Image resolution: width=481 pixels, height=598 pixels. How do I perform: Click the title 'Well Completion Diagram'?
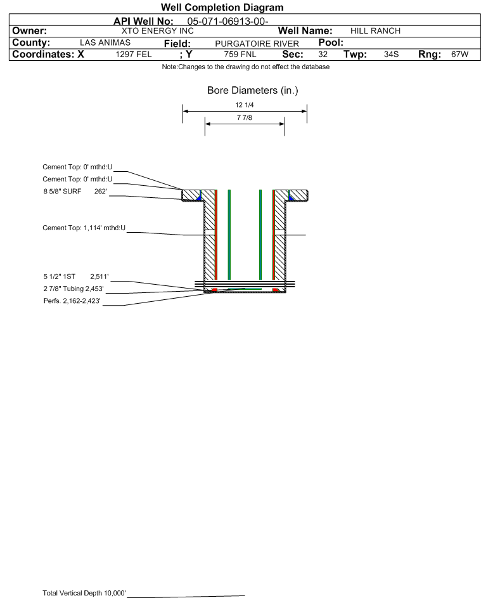tap(222, 8)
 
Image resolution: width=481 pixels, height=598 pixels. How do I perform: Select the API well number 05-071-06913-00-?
tap(228, 22)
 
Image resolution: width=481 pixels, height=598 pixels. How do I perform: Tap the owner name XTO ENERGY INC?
tap(158, 31)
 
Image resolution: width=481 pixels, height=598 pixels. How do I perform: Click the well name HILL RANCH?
tap(375, 31)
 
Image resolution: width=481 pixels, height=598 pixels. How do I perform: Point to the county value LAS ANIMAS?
tap(105, 42)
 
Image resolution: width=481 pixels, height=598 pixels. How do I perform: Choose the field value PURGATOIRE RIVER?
tap(257, 44)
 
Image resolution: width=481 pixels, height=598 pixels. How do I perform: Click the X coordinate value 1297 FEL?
tap(134, 54)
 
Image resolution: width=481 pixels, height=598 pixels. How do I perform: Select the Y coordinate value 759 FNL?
tap(240, 54)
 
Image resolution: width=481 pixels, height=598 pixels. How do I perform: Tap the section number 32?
tap(323, 54)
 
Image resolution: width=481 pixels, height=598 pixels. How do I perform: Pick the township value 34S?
tap(392, 54)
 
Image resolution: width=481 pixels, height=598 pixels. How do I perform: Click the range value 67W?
tap(459, 54)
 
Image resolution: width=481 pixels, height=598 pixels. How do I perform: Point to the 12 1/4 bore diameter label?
tap(245, 105)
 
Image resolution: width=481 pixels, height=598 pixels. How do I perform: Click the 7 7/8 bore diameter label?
tap(245, 117)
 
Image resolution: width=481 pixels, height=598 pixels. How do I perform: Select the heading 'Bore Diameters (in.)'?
tap(253, 91)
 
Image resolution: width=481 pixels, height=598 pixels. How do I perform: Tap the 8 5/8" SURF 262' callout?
tap(75, 192)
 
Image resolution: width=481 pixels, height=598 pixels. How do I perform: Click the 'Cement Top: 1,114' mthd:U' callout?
tap(84, 228)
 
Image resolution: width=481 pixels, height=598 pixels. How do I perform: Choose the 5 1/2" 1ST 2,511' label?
tap(76, 276)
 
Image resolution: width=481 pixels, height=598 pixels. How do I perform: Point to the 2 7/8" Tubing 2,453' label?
tap(74, 289)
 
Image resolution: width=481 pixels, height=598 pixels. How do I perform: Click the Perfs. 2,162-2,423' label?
tap(72, 301)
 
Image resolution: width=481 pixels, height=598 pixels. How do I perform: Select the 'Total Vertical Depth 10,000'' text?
tap(84, 593)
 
